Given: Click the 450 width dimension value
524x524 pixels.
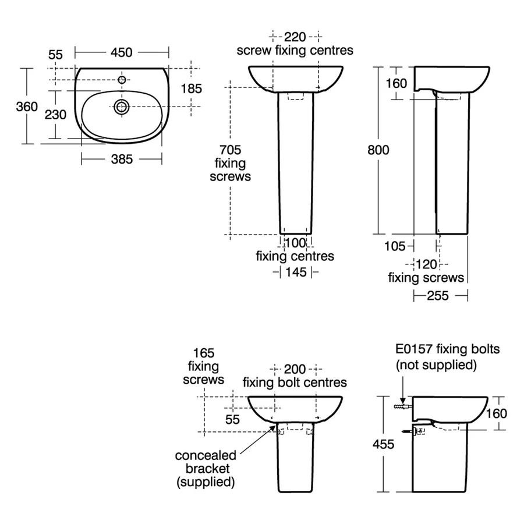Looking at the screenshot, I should [x=122, y=52].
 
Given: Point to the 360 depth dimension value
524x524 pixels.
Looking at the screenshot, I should [x=27, y=107].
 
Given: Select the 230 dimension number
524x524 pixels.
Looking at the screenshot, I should [x=56, y=114].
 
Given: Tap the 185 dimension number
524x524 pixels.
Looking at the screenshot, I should [x=191, y=89].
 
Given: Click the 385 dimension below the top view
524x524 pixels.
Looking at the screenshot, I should [x=122, y=158].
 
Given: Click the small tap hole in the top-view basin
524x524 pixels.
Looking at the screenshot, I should [x=122, y=80].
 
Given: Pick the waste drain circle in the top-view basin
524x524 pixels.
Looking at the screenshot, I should [x=122, y=106].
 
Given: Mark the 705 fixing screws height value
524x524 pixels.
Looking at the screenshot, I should [x=231, y=150].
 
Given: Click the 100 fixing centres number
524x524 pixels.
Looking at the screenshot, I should [x=296, y=242].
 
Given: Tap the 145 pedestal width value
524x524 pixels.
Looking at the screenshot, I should [x=296, y=271].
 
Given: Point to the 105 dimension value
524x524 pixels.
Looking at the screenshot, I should [x=395, y=246].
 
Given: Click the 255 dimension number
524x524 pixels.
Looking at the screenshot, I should [x=438, y=296].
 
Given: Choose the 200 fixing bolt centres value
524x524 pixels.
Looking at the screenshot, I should [x=295, y=369].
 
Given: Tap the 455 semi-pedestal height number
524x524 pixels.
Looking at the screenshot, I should [x=383, y=444].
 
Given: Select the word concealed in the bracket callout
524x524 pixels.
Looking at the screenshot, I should [x=206, y=455].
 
